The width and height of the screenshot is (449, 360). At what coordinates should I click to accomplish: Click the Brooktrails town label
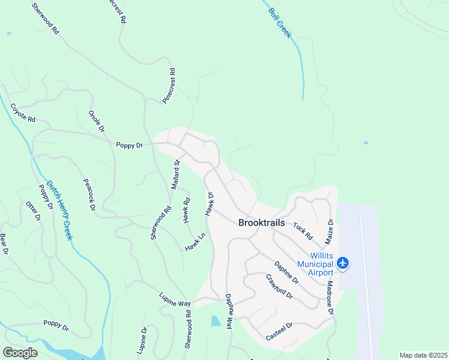[x=262, y=222]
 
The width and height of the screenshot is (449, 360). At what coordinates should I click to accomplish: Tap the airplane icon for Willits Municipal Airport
[x=343, y=263]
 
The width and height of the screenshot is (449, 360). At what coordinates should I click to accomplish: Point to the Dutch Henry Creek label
[x=60, y=211]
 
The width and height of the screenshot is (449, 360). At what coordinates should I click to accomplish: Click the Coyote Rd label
[x=23, y=113]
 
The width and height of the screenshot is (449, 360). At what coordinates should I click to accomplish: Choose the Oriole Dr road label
[x=97, y=121]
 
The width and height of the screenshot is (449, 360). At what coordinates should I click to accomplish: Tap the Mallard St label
[x=175, y=175]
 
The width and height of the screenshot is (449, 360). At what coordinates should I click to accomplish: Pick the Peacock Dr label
[x=89, y=194]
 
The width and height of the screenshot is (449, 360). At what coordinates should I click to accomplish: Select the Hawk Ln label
[x=195, y=242]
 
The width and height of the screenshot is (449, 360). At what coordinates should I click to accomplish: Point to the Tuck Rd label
[x=303, y=231]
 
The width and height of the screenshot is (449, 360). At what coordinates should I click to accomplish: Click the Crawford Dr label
[x=279, y=287]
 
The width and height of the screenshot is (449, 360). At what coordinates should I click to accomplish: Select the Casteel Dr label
[x=279, y=331]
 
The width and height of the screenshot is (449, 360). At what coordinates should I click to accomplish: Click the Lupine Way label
[x=175, y=299]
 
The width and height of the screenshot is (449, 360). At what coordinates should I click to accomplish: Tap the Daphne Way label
[x=229, y=311]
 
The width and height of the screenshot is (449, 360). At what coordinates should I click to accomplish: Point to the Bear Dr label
[x=3, y=244]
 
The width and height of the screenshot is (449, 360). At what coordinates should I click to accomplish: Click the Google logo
[x=20, y=353]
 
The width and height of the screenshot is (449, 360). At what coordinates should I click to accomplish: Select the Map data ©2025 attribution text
[x=423, y=355]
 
